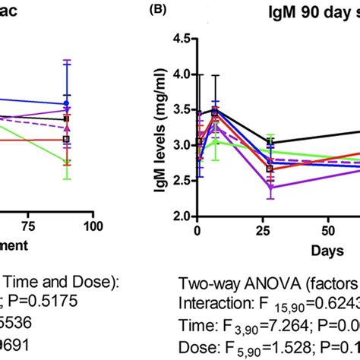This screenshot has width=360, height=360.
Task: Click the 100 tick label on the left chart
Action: point(93,226)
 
